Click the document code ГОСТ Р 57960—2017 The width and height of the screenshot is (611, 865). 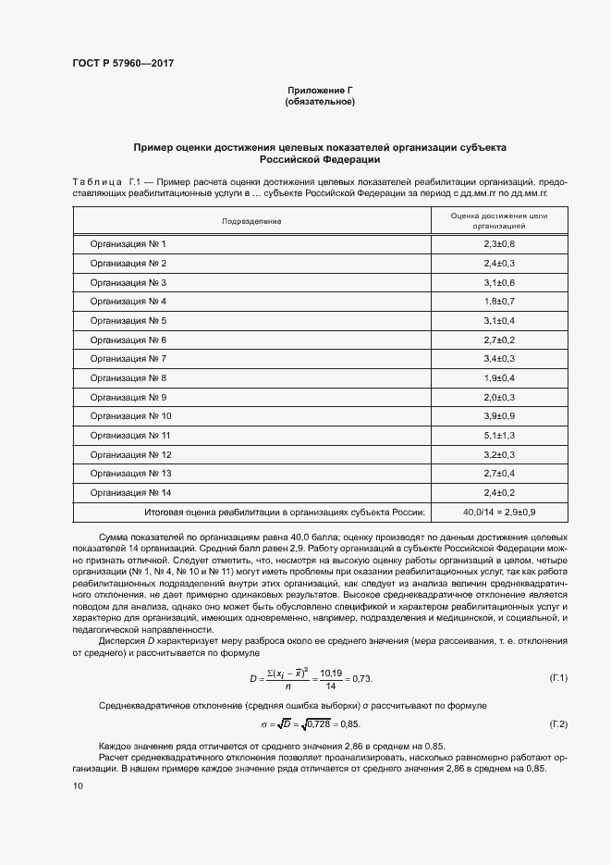tap(123, 64)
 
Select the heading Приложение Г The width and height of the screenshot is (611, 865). tap(320, 90)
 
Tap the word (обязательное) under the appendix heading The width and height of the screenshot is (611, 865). tap(320, 101)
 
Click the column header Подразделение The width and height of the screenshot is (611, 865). tap(251, 222)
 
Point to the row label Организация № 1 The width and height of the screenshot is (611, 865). tap(128, 243)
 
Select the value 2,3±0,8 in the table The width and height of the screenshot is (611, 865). tap(498, 243)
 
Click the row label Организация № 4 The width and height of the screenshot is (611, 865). tap(128, 301)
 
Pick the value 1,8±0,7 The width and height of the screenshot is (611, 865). tap(498, 301)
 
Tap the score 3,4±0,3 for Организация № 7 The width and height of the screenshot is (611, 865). tap(498, 358)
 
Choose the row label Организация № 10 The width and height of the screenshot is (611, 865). tap(130, 416)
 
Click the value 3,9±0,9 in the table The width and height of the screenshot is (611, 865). tap(498, 416)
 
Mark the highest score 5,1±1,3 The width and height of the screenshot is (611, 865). tap(498, 435)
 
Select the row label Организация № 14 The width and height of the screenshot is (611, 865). tap(130, 492)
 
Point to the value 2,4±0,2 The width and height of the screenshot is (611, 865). tap(498, 492)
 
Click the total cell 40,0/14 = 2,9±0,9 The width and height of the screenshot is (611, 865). tap(498, 512)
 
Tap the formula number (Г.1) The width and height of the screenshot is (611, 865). tap(558, 678)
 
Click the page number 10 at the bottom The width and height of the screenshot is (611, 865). tap(78, 785)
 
